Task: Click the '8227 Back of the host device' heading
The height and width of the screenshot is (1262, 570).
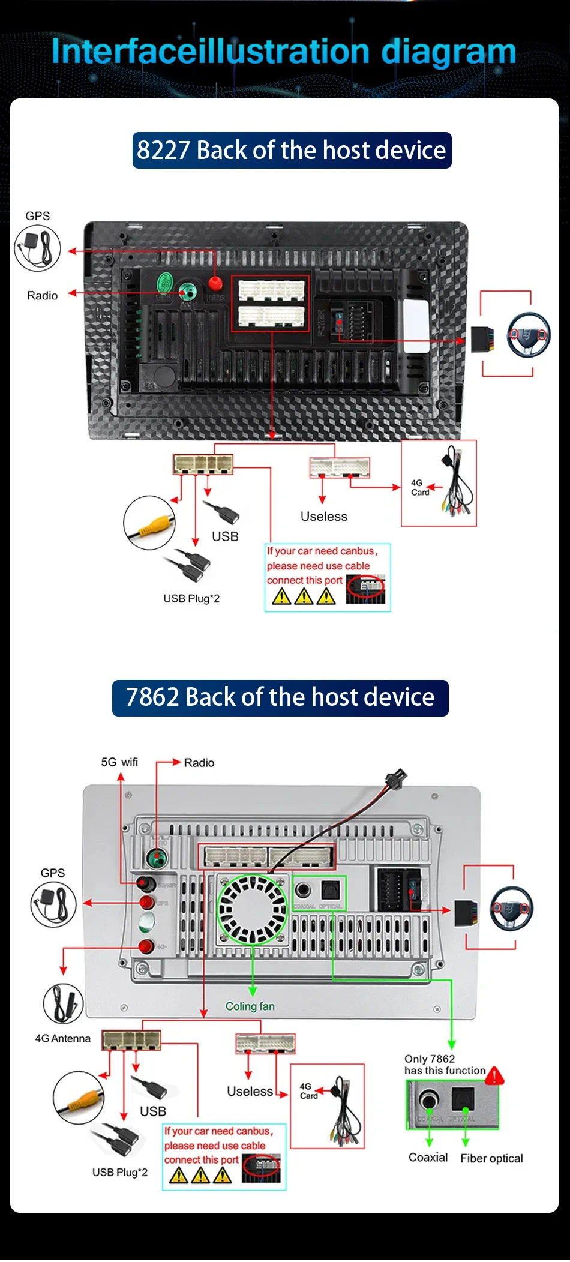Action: coord(292,150)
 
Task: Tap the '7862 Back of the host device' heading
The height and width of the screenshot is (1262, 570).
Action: coord(280,697)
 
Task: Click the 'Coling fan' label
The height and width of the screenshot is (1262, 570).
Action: coord(250,1006)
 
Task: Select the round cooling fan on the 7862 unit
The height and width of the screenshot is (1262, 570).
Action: coord(252,909)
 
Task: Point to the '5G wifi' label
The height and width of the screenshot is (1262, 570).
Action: coord(119,762)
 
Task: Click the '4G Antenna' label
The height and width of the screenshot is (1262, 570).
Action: coord(62,1039)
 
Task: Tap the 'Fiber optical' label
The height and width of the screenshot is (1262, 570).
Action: coord(491,1158)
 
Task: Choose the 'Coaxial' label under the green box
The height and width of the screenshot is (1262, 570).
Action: coord(428,1158)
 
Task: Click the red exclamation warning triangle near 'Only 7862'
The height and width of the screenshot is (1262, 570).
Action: coord(494,1076)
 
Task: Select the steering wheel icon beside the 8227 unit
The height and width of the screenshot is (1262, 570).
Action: coord(529,335)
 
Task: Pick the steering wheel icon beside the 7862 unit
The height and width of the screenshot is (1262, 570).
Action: coord(512,908)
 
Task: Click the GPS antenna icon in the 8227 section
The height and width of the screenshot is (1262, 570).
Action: coord(38,247)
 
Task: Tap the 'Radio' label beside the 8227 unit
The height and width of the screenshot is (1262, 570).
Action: coord(42,296)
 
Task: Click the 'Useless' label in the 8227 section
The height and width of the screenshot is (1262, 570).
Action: coord(323,517)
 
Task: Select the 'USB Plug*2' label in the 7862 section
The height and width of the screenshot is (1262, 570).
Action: coord(119,1172)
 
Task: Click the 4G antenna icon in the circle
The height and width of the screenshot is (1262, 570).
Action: coord(63,1003)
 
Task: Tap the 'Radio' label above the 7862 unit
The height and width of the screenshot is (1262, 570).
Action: coord(199,763)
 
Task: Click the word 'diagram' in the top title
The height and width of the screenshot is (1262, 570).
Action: coord(448,52)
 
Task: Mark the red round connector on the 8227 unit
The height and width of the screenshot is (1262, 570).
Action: coord(215,283)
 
